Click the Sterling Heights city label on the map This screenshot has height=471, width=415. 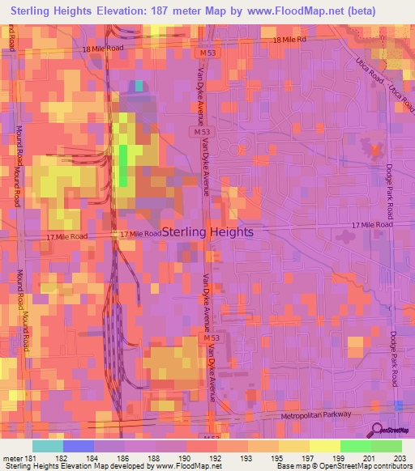coord(207,231)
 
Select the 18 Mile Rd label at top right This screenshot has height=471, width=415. coord(290,40)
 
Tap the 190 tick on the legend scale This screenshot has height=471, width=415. coord(187,460)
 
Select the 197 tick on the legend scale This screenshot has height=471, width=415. coord(310,460)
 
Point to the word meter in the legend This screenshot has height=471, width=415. coord(13,460)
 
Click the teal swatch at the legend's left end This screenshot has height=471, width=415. coord(47,446)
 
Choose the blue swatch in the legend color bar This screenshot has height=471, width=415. coord(78,446)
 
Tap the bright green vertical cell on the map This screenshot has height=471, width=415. coord(123,165)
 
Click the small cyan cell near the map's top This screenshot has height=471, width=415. coord(139,85)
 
